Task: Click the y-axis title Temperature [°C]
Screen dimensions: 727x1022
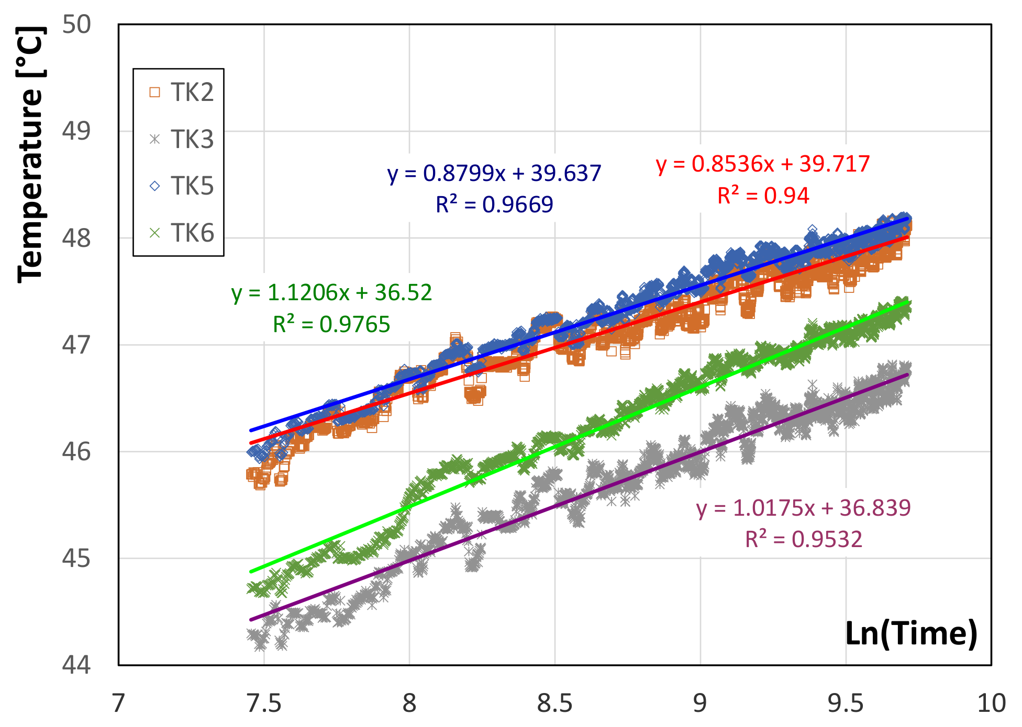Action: point(30,155)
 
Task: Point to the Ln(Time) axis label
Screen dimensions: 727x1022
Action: point(911,633)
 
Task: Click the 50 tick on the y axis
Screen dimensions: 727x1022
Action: point(76,25)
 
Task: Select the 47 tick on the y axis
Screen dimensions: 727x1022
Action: point(76,345)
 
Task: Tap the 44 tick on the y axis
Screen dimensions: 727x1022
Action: point(76,665)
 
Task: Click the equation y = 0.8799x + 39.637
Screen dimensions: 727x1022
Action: point(494,173)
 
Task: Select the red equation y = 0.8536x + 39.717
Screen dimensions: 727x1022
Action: point(763,164)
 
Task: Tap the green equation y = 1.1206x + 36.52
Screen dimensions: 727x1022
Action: point(332,293)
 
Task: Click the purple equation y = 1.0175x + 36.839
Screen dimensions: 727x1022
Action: point(803,508)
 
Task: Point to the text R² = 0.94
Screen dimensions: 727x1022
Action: point(763,196)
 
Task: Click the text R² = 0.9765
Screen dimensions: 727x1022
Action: point(332,325)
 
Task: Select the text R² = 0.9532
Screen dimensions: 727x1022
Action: point(803,539)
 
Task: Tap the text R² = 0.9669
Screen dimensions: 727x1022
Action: point(494,205)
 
